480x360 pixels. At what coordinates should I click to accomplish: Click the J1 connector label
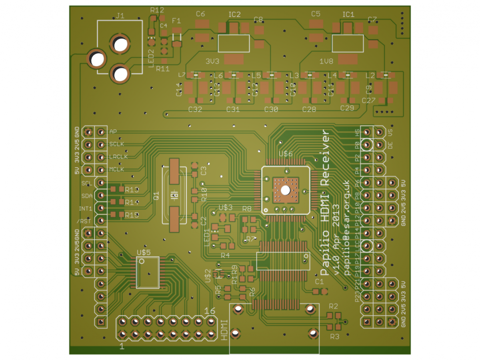120,16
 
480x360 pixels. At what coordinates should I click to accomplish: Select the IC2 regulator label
234,15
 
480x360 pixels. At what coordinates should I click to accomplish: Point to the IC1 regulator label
348,15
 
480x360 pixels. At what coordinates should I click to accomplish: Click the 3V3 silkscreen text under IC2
212,62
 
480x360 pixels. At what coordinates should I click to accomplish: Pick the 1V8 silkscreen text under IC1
326,62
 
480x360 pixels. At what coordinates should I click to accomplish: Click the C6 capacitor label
200,14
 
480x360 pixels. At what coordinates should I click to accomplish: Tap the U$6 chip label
286,154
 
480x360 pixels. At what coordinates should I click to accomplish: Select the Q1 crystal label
157,196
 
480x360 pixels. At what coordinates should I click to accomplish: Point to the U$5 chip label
144,252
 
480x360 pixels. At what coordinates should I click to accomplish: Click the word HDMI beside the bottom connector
225,330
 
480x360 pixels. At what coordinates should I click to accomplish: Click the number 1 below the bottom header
122,347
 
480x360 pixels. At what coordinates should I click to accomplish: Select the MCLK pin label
116,169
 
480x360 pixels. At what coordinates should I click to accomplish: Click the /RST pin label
84,221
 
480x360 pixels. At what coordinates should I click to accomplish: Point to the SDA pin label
87,196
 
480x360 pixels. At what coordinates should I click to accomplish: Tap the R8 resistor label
247,208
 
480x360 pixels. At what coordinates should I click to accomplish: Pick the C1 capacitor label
319,282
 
